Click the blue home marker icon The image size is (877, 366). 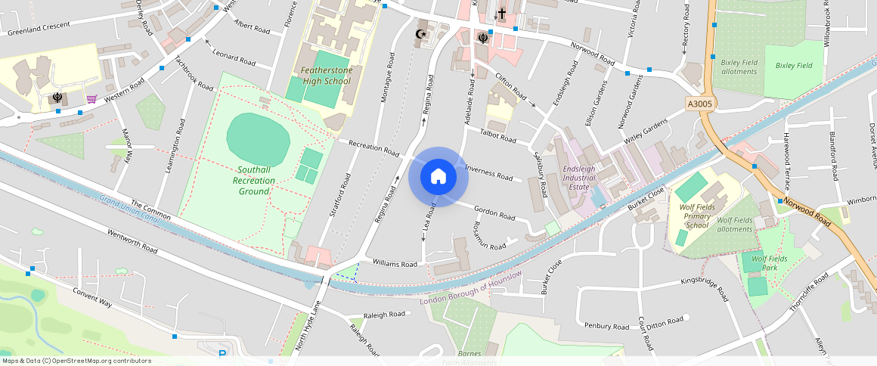[x=438, y=176]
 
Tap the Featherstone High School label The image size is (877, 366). [x=326, y=76]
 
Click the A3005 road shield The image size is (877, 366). [x=700, y=103]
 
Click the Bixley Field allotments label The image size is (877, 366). [x=739, y=67]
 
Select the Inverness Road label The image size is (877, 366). [x=489, y=172]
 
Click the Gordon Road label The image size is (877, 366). [x=494, y=212]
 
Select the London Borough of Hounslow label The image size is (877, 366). [x=471, y=289]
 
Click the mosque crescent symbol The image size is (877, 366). [x=422, y=33]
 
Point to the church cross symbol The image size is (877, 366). [x=501, y=13]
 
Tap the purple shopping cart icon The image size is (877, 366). [x=91, y=98]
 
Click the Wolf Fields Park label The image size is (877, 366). [x=770, y=263]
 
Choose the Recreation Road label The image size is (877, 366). [x=373, y=147]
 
